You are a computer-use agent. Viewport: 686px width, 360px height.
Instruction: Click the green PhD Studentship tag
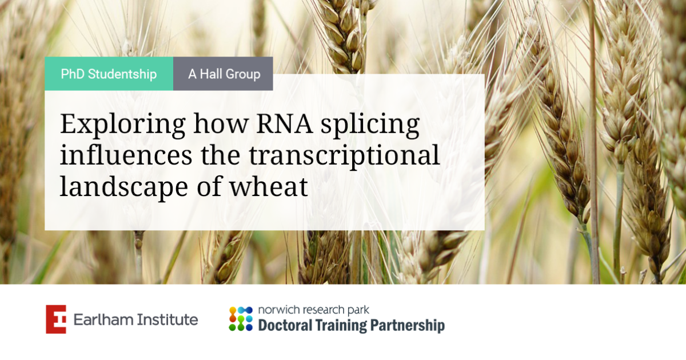point(109,74)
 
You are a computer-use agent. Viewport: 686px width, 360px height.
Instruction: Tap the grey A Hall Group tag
point(223,74)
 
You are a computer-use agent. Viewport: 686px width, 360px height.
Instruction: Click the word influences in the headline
point(126,155)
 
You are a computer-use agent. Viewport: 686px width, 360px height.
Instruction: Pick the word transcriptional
point(344,156)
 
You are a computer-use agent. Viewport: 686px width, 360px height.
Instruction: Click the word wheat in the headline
point(269,186)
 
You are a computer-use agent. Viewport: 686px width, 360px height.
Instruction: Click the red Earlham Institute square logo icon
point(56,319)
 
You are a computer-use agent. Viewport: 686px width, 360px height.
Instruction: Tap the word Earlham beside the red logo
point(103,319)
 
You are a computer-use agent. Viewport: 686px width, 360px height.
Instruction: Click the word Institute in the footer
point(167,319)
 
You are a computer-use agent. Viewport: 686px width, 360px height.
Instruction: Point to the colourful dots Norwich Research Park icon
point(241,319)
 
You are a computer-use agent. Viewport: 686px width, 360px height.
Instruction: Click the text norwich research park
point(314,310)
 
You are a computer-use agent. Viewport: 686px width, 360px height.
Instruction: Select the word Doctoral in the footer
point(285,325)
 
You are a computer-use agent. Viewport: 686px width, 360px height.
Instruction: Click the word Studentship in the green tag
point(122,74)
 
